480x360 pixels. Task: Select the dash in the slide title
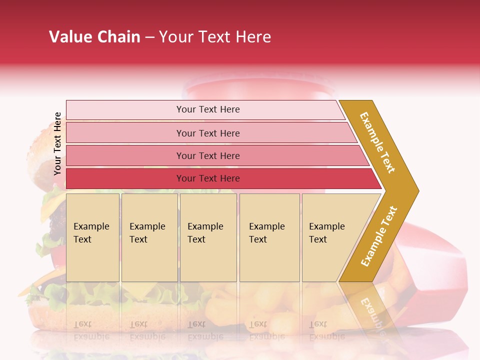coord(149,37)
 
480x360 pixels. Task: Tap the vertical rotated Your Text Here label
coord(57,143)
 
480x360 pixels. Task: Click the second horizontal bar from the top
coord(208,133)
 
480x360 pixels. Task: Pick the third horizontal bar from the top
coord(208,155)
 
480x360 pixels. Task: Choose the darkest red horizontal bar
coord(208,178)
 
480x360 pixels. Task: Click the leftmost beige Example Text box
coord(92,237)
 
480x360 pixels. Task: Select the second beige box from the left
coord(149,237)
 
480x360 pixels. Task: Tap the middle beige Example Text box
coord(207,237)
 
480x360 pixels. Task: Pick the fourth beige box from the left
coord(269,237)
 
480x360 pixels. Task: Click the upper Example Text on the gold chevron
coord(377,142)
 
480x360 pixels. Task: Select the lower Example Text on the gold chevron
coord(378,236)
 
